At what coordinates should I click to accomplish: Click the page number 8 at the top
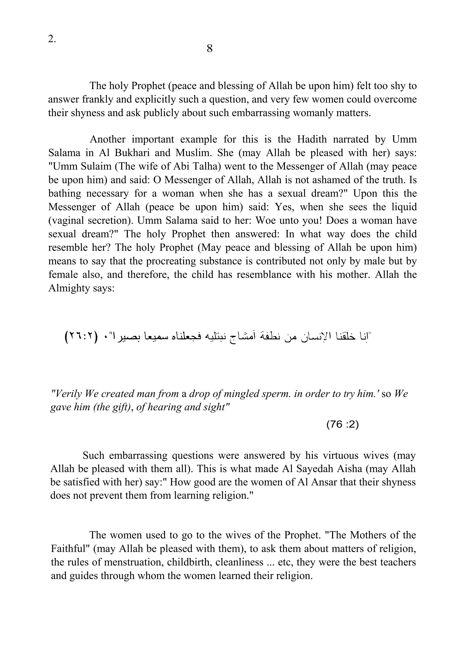[x=210, y=48]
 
